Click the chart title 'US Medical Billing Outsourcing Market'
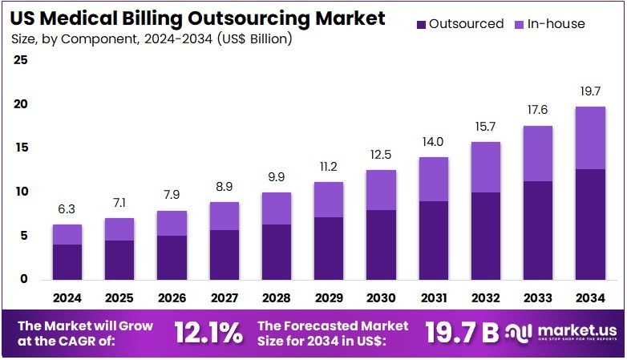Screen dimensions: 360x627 (198, 18)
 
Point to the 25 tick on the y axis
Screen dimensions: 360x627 (21, 60)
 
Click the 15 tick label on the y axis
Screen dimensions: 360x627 (21, 148)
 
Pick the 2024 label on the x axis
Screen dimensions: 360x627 (67, 297)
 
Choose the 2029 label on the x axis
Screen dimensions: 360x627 (328, 297)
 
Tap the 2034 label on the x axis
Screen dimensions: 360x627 (589, 297)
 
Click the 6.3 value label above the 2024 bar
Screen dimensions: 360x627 (67, 209)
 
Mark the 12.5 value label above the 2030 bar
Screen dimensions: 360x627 (380, 155)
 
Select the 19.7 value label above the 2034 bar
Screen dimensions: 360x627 (589, 91)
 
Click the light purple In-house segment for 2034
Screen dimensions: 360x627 (589, 137)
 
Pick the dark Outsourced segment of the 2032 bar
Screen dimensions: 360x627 (484, 236)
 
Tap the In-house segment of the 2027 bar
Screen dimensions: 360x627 (224, 216)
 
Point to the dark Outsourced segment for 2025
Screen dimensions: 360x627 (119, 260)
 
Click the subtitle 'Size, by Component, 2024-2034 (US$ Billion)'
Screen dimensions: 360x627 (152, 38)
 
